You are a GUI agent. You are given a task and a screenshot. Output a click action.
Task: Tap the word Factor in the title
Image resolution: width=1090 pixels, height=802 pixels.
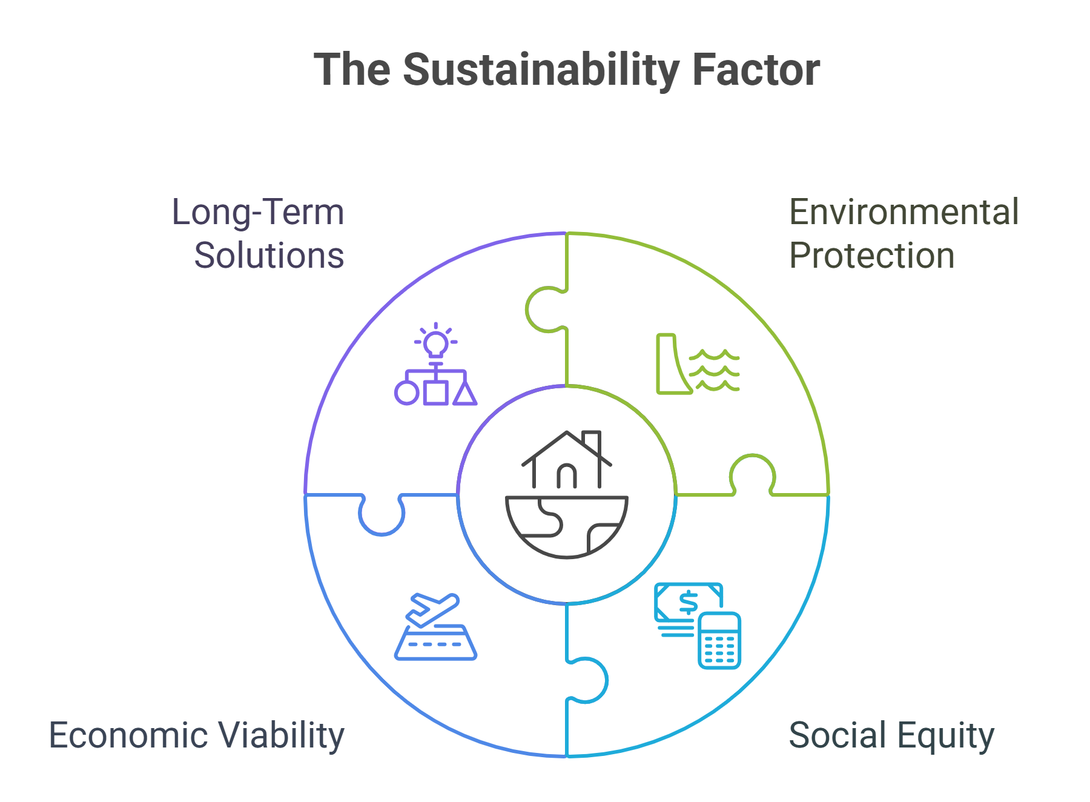(756, 70)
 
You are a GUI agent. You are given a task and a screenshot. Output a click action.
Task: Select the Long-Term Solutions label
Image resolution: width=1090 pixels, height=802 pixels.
(259, 233)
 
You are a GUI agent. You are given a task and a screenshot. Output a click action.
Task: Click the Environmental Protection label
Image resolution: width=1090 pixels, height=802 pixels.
(904, 233)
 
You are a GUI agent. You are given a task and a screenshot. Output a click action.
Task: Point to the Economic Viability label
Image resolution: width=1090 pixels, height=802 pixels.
(197, 736)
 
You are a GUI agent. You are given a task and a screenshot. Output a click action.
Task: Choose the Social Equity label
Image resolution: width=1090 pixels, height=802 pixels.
(891, 736)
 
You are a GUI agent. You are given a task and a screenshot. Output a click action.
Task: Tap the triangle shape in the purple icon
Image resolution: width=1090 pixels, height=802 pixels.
(465, 393)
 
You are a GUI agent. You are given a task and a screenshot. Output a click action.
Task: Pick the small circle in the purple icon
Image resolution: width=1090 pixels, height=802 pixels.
(407, 393)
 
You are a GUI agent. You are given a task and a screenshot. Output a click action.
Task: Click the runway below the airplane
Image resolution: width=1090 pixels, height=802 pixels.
(436, 643)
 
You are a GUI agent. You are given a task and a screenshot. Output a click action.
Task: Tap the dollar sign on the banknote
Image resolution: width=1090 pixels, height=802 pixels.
(689, 603)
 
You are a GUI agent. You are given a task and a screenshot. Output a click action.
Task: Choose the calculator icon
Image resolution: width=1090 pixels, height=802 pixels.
(719, 640)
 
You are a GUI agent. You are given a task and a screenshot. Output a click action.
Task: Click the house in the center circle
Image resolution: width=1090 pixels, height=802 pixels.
(567, 460)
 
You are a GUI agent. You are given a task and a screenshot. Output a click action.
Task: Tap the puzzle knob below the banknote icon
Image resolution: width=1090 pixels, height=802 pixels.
(587, 680)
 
